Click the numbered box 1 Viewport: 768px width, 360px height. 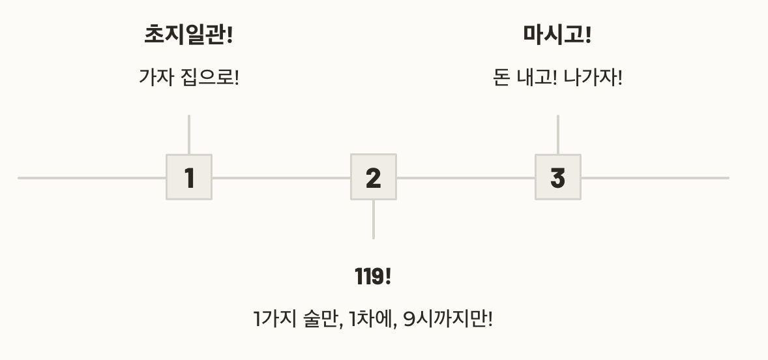(x=189, y=177)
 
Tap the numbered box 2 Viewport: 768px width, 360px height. (x=374, y=177)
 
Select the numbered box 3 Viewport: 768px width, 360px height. (x=558, y=177)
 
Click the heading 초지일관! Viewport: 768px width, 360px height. (x=188, y=35)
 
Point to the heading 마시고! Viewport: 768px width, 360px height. (x=557, y=35)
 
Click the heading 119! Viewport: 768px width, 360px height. (x=373, y=277)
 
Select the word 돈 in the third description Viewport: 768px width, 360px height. (x=501, y=78)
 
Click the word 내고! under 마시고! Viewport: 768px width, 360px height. (x=537, y=78)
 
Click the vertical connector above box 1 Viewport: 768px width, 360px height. (x=189, y=134)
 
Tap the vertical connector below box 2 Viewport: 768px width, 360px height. (x=374, y=220)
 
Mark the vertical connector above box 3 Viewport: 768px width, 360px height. (x=558, y=134)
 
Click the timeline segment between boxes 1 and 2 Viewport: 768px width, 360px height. (x=281, y=177)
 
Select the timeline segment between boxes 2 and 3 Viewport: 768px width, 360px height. (x=465, y=177)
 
